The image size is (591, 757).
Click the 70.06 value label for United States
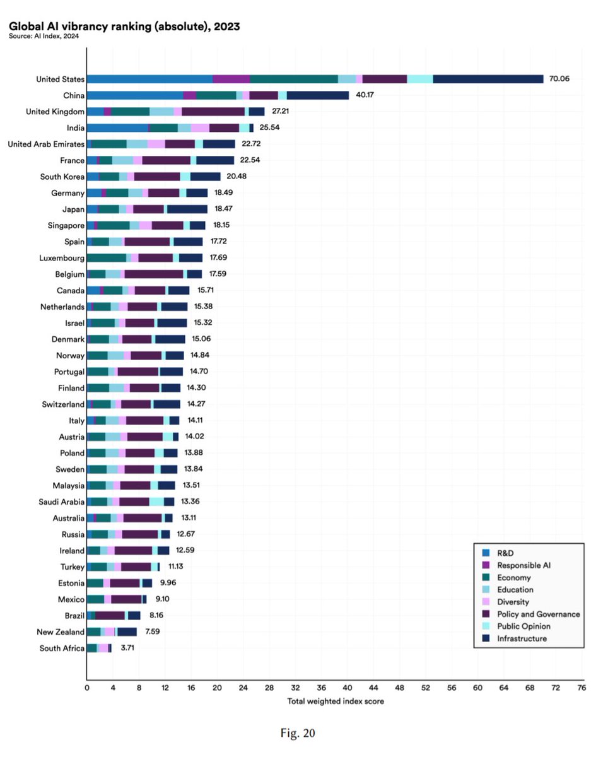click(559, 79)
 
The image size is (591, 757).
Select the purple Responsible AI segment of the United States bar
click(231, 79)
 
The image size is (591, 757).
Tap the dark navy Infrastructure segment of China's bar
click(318, 95)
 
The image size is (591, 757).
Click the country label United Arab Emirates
click(46, 144)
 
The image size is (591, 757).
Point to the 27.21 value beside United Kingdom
click(280, 111)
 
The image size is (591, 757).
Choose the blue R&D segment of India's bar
click(117, 128)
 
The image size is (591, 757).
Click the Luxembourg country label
click(62, 258)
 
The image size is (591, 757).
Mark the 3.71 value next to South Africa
click(127, 648)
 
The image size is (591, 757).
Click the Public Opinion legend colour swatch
click(486, 626)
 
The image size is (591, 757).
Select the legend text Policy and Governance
click(539, 614)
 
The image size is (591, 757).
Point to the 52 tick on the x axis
click(426, 688)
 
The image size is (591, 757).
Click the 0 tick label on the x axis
click(86, 688)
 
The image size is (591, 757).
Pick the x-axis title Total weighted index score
click(336, 701)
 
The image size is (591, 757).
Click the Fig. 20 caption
click(298, 733)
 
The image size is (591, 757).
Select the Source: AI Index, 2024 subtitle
click(44, 36)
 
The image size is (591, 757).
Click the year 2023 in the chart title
click(226, 26)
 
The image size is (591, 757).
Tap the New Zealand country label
click(61, 632)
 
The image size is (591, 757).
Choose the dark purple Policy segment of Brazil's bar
click(110, 616)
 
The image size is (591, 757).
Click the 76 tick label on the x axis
click(582, 688)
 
